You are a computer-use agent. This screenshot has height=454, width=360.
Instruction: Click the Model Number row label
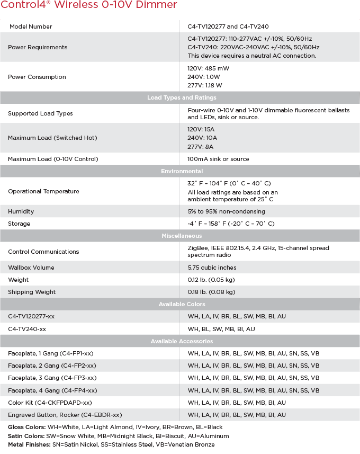click(x=30, y=26)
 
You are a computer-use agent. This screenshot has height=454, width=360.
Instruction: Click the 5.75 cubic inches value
click(x=212, y=268)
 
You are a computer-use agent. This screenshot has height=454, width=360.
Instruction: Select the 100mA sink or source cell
click(x=218, y=159)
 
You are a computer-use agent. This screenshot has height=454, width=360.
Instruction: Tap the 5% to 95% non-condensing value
click(x=226, y=211)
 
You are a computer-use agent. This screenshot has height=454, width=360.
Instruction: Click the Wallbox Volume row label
click(x=31, y=268)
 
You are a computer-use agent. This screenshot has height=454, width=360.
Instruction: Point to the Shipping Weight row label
click(x=32, y=292)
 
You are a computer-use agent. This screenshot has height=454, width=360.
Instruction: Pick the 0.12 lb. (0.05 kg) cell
click(x=211, y=280)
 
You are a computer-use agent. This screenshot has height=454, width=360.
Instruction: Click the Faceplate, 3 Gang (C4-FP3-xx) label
click(x=52, y=378)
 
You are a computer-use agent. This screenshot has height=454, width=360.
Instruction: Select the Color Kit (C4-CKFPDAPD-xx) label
click(x=50, y=403)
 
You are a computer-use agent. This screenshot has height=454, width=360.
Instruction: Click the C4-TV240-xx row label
click(x=27, y=329)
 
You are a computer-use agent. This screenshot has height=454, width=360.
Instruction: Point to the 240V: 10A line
click(x=201, y=138)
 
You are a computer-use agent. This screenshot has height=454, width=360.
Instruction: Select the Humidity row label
click(x=21, y=211)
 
